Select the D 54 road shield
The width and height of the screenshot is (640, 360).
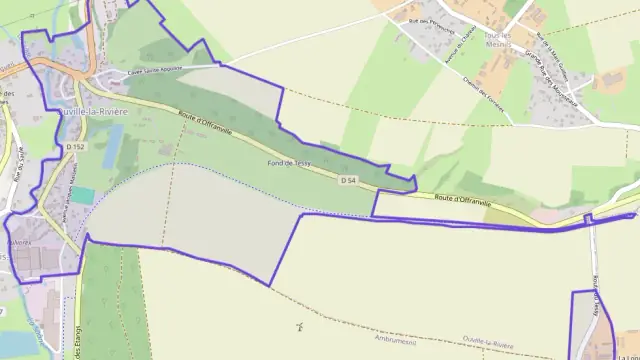(x=347, y=181)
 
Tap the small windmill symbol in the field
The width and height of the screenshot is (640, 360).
(x=299, y=326)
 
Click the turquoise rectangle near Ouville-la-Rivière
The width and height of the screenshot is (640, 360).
(x=83, y=195)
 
